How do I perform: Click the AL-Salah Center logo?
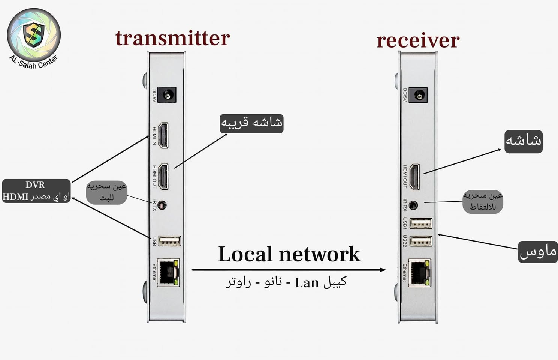[34, 36]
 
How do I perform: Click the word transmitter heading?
[172, 39]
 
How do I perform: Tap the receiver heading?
[418, 40]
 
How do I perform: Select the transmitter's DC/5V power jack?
[167, 96]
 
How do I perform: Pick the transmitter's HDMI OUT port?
[163, 177]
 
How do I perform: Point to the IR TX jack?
[162, 205]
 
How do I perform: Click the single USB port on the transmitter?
[169, 241]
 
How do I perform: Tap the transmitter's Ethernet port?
[168, 273]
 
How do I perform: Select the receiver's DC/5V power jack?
[418, 96]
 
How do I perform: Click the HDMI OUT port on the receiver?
[414, 177]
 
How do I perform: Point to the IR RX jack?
[413, 205]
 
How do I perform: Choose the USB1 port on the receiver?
[421, 223]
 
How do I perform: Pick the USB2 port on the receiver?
[421, 241]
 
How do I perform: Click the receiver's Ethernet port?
[419, 273]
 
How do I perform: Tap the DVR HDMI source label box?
[36, 191]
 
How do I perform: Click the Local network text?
[289, 254]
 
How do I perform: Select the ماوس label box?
[538, 252]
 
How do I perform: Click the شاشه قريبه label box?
[251, 124]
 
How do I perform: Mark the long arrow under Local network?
[289, 270]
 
